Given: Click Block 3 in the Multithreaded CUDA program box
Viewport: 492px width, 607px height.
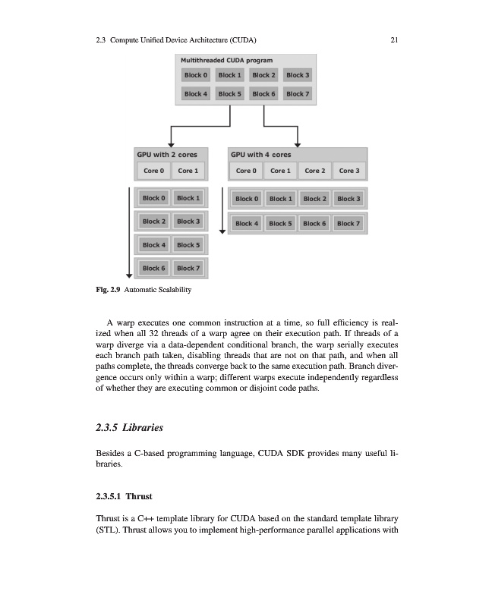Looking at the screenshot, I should (x=298, y=75).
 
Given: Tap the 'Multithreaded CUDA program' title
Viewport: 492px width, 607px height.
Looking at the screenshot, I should (x=226, y=60).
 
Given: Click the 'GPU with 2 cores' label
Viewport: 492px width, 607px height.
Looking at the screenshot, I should (x=166, y=155).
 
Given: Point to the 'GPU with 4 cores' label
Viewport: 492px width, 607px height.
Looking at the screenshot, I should (x=260, y=155).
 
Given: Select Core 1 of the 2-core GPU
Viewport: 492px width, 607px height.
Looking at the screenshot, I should (x=188, y=171).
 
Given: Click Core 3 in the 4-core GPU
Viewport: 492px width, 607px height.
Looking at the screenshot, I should (x=349, y=171).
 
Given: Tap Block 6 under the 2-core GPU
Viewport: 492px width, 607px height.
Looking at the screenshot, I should (x=153, y=269).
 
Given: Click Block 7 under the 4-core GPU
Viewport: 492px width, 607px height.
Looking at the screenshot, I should (x=348, y=223).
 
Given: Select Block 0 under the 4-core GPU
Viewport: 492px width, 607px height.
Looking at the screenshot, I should (x=247, y=199).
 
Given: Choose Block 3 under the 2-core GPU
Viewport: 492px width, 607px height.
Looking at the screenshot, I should (x=188, y=222).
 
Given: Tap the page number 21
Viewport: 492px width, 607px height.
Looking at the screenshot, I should (x=394, y=40).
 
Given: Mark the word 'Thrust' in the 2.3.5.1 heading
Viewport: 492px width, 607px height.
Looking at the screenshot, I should (x=139, y=497).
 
